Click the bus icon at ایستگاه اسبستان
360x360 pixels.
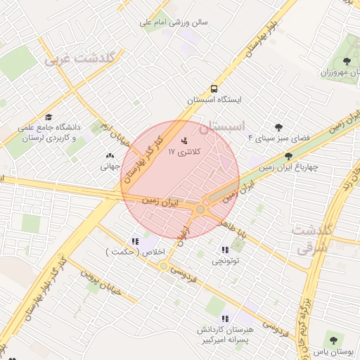213,89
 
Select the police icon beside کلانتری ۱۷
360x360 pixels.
184,140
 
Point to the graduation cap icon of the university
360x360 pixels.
49,117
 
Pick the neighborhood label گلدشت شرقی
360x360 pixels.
307,239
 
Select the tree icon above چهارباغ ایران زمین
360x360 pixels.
288,157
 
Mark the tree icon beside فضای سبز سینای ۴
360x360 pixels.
278,127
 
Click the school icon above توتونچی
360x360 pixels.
225,250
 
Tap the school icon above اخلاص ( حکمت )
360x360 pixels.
135,241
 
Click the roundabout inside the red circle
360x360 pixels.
201,209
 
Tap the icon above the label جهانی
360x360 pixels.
110,156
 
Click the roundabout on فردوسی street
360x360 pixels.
164,266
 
